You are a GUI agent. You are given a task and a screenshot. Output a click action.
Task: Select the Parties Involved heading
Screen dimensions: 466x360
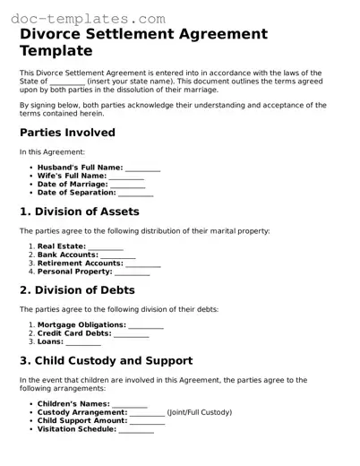tap(67, 133)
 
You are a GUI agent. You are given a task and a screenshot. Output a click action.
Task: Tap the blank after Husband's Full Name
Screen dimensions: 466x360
tap(143, 168)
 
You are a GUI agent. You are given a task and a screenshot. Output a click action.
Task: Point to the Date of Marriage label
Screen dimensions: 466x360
tap(78, 184)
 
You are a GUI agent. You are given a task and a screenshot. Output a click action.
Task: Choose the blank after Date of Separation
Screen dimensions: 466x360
tap(136, 193)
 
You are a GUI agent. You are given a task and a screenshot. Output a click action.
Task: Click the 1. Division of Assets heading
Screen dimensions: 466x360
tap(80, 211)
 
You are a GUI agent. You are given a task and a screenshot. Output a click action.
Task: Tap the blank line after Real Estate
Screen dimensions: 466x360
tap(107, 246)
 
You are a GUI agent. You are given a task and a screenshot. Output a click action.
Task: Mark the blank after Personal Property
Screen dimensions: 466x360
tap(133, 272)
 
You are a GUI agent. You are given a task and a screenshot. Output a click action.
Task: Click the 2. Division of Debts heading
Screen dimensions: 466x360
tap(78, 290)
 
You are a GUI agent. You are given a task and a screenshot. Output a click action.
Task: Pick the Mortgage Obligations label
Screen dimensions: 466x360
tap(81, 324)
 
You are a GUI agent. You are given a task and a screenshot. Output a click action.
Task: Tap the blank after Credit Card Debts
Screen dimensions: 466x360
tap(133, 333)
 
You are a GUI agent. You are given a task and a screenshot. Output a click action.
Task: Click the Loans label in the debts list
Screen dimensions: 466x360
tap(50, 341)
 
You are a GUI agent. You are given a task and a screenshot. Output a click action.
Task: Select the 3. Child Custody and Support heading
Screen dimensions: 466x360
tap(106, 361)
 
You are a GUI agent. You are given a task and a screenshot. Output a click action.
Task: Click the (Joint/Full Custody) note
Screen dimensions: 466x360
tap(199, 412)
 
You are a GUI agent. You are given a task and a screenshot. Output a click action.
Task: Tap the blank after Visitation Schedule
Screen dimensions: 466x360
tap(136, 429)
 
